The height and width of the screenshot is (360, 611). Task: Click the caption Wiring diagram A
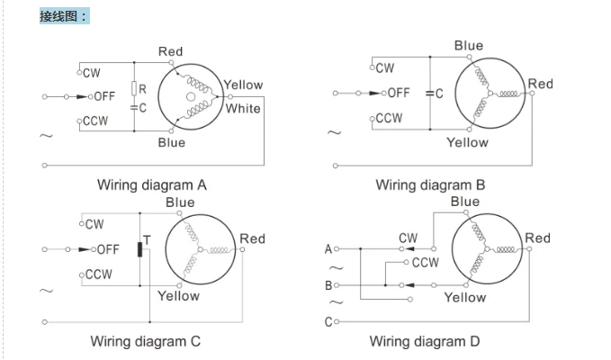point(152,185)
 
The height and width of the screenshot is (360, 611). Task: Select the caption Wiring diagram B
point(430,185)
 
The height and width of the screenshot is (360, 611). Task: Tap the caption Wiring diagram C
point(145,341)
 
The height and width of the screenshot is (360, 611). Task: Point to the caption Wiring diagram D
point(425,341)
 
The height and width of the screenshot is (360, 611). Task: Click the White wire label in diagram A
point(243,109)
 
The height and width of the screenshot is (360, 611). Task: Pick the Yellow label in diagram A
point(243,85)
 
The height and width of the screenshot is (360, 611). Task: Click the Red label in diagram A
point(170,52)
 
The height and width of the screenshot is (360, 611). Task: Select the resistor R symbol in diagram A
point(133,88)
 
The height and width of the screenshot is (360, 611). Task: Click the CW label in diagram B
point(385,67)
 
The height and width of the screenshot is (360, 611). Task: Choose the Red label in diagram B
point(540,84)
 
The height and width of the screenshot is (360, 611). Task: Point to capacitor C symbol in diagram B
point(430,94)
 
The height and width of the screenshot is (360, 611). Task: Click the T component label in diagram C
point(146,239)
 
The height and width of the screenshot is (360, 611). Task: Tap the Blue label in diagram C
point(180,202)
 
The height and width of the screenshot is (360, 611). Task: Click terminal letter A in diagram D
point(328,248)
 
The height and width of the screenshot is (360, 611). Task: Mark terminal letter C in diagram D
point(328,321)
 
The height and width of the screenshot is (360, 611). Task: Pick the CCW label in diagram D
point(425,263)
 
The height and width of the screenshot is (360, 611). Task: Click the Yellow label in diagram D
point(465,297)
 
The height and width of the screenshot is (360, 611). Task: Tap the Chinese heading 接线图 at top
point(64,16)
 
